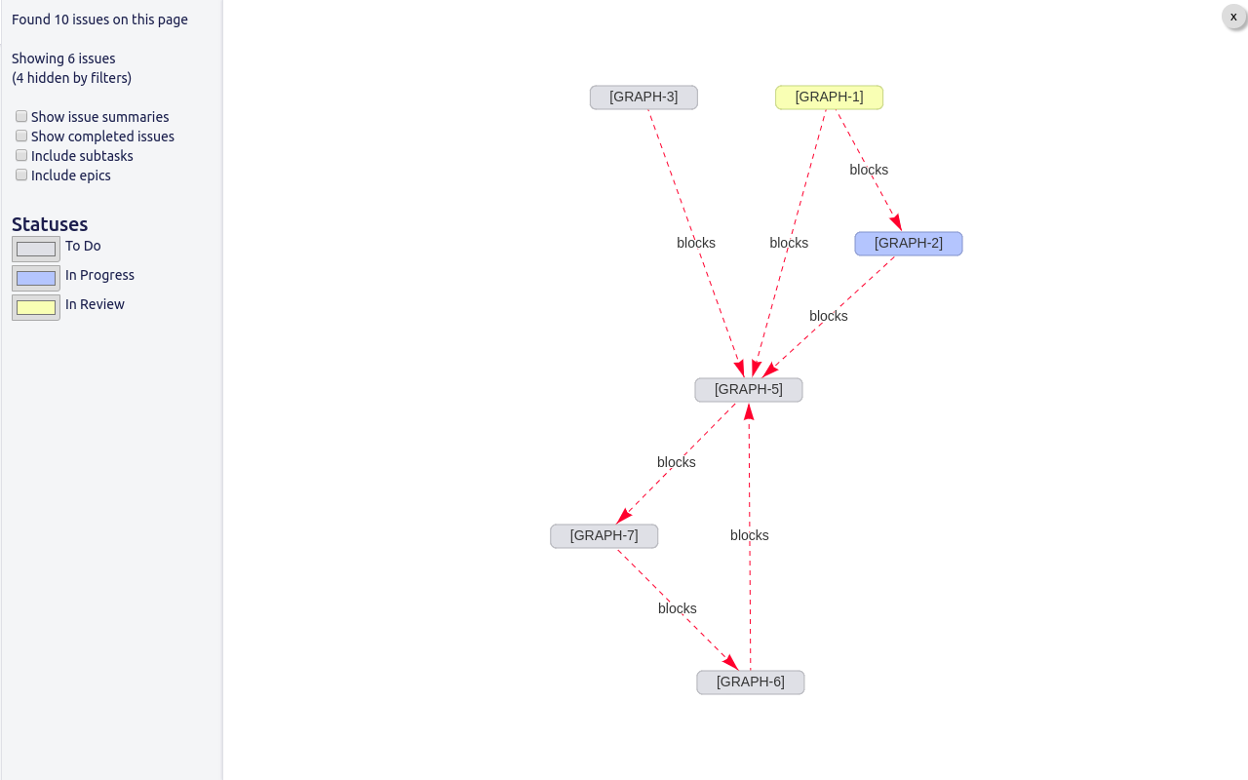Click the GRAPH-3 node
pos(643,97)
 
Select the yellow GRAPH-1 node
pos(829,97)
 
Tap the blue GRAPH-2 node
pos(909,244)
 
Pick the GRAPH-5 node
pos(749,390)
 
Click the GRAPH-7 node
pos(604,536)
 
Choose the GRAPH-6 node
pos(751,682)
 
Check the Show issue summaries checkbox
pos(21,116)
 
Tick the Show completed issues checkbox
pos(21,136)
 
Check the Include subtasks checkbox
pos(21,155)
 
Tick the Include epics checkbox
pos(21,175)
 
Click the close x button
pos(1233,18)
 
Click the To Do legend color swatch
pos(36,249)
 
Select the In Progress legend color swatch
pos(36,278)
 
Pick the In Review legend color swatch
pos(36,307)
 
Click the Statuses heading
pos(50,224)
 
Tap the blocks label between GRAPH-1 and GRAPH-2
pos(869,170)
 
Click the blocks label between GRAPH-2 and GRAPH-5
pos(829,316)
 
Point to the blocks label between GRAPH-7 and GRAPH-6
pos(677,608)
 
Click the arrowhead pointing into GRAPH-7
pos(623,516)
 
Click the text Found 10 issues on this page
pos(99,19)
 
